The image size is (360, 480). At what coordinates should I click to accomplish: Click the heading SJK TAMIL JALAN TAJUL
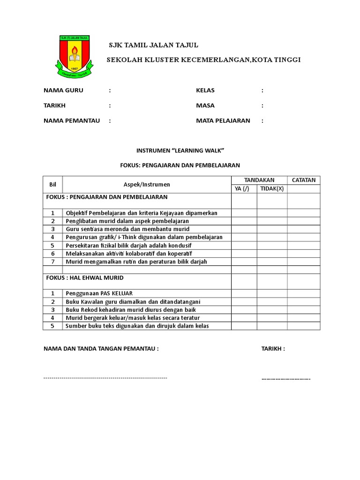153,45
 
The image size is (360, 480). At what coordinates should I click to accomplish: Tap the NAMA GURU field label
63,90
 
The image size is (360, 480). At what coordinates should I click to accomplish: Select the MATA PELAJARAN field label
223,120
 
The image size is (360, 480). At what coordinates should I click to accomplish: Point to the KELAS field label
205,90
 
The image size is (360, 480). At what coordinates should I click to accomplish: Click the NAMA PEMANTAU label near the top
72,120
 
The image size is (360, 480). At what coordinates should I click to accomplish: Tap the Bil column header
52,185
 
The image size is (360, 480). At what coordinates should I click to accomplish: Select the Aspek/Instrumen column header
147,185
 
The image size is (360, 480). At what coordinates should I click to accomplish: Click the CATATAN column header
304,180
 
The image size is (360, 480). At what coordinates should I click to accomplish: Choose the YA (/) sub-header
243,189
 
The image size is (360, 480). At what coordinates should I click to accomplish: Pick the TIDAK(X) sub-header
272,189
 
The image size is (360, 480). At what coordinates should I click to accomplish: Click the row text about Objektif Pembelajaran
142,213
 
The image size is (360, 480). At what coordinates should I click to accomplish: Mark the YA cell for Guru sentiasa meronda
243,229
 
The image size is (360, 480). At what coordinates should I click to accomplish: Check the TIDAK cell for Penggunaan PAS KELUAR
272,293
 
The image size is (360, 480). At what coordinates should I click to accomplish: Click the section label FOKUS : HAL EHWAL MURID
85,278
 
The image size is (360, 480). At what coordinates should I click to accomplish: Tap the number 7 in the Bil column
53,262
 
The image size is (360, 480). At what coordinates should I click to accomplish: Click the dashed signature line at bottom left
105,378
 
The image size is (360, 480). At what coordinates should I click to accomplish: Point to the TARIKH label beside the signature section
273,349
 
